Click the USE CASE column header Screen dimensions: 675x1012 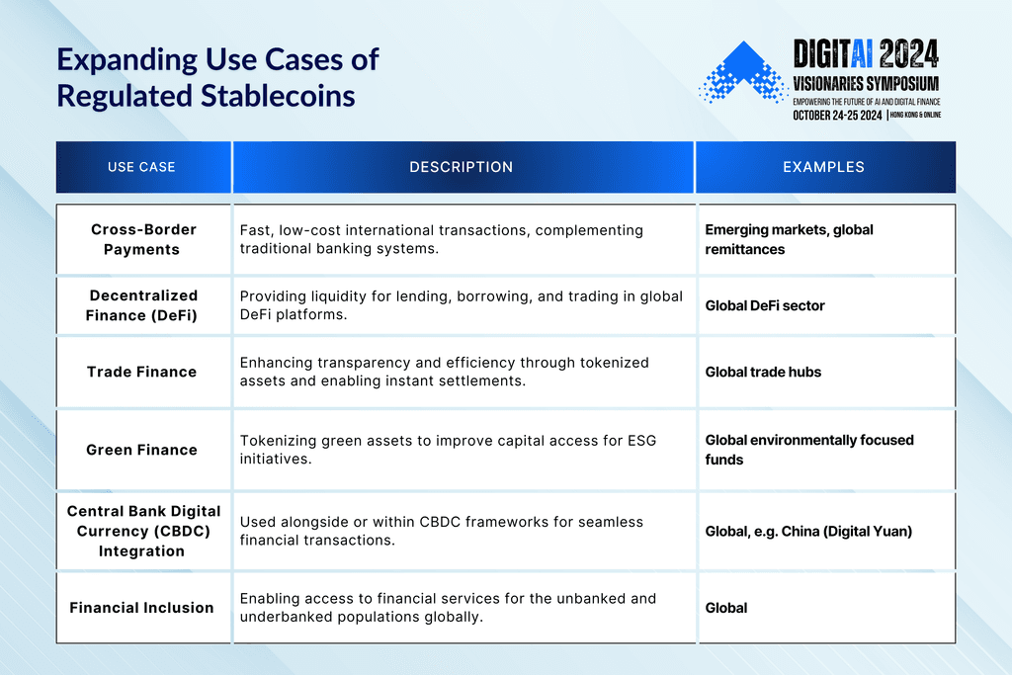[141, 167]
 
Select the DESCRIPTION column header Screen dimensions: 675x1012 [462, 167]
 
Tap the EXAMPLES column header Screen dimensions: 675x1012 [823, 167]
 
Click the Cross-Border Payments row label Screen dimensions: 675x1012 [143, 239]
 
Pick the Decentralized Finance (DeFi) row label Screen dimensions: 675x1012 [143, 304]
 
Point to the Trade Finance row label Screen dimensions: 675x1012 [141, 372]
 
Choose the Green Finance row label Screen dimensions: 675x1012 [141, 450]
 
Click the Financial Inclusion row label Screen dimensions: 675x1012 [141, 608]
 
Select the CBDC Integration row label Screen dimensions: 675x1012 [143, 531]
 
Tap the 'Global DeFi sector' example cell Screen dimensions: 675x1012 [765, 305]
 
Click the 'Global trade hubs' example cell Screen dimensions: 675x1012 [763, 372]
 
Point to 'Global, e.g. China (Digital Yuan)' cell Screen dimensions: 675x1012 [808, 531]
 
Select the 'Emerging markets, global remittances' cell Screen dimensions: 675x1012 [789, 239]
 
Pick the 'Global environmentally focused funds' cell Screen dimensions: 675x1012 [808, 450]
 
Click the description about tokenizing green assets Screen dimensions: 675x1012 [448, 450]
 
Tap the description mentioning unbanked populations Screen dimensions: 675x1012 [448, 608]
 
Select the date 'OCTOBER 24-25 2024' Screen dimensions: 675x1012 [836, 115]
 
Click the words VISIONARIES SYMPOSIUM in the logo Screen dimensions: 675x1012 [866, 83]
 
